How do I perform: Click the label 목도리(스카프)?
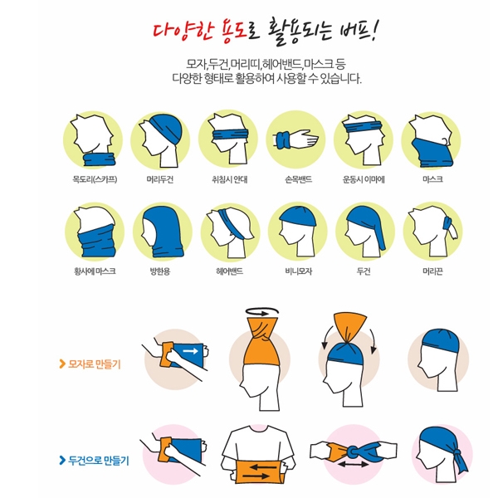click(x=95, y=179)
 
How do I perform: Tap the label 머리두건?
click(x=160, y=179)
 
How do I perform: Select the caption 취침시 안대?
click(x=230, y=179)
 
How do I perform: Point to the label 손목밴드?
click(x=299, y=179)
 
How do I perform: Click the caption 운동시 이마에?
click(x=364, y=179)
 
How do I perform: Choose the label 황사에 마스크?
click(x=95, y=271)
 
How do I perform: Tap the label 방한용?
click(x=160, y=271)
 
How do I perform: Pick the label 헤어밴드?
click(x=230, y=271)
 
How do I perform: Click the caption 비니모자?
click(x=299, y=271)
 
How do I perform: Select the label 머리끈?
click(x=432, y=271)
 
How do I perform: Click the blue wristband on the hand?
click(x=282, y=140)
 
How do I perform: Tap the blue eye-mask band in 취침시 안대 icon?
click(x=230, y=134)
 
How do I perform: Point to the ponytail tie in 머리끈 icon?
click(x=448, y=222)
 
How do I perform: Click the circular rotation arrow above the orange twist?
click(x=262, y=311)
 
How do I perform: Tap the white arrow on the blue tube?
click(x=191, y=351)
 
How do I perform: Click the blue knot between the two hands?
click(x=354, y=452)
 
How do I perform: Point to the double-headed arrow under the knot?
click(x=353, y=465)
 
